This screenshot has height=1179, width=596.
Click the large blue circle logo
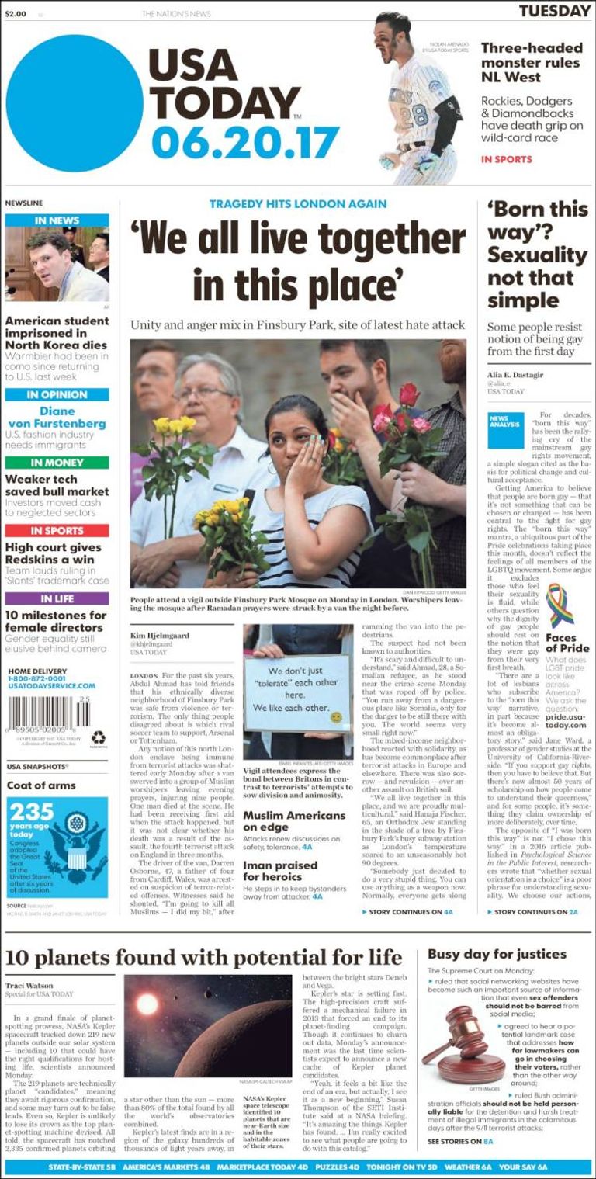(74, 104)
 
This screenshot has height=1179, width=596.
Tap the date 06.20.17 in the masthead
(245, 142)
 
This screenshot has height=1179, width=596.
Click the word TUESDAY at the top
(554, 11)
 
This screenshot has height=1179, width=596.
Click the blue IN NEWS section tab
(57, 220)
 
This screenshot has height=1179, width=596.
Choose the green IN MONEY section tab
(57, 463)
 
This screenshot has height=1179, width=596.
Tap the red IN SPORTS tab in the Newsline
(57, 531)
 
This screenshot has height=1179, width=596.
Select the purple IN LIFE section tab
(57, 598)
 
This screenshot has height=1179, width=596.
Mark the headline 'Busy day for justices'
(497, 954)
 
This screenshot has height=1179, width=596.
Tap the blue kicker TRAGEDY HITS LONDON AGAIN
(298, 204)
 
